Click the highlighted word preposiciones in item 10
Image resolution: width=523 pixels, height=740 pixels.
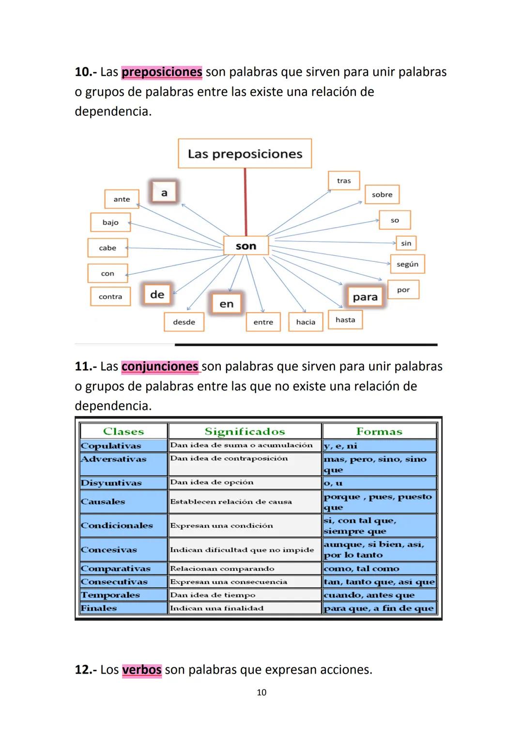tap(162, 72)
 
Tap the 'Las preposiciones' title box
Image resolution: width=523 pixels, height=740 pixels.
tap(245, 154)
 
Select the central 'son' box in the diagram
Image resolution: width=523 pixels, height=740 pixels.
tap(246, 246)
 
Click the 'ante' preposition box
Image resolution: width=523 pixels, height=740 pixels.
tap(122, 199)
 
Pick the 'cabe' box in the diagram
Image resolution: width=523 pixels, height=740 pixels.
tap(108, 248)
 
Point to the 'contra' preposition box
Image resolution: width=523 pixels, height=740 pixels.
tap(110, 297)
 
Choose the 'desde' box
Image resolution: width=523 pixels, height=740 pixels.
tap(184, 322)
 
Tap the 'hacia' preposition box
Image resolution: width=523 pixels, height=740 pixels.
tap(306, 322)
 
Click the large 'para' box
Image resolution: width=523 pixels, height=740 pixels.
tap(365, 297)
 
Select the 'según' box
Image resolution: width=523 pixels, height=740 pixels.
tap(407, 264)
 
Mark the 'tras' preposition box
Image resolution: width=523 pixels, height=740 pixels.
tap(344, 181)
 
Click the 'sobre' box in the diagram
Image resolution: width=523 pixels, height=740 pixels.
tap(382, 194)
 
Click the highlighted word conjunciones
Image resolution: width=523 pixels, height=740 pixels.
tap(160, 367)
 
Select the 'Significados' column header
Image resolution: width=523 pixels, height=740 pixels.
tap(245, 432)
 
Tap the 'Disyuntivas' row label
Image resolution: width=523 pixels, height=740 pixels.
tap(111, 483)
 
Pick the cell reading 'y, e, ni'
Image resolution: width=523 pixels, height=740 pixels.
tap(379, 446)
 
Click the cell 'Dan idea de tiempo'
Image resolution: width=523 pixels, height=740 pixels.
tap(245, 595)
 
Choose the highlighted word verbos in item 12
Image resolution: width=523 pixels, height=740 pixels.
tap(141, 670)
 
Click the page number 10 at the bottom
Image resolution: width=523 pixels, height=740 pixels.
tap(261, 692)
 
